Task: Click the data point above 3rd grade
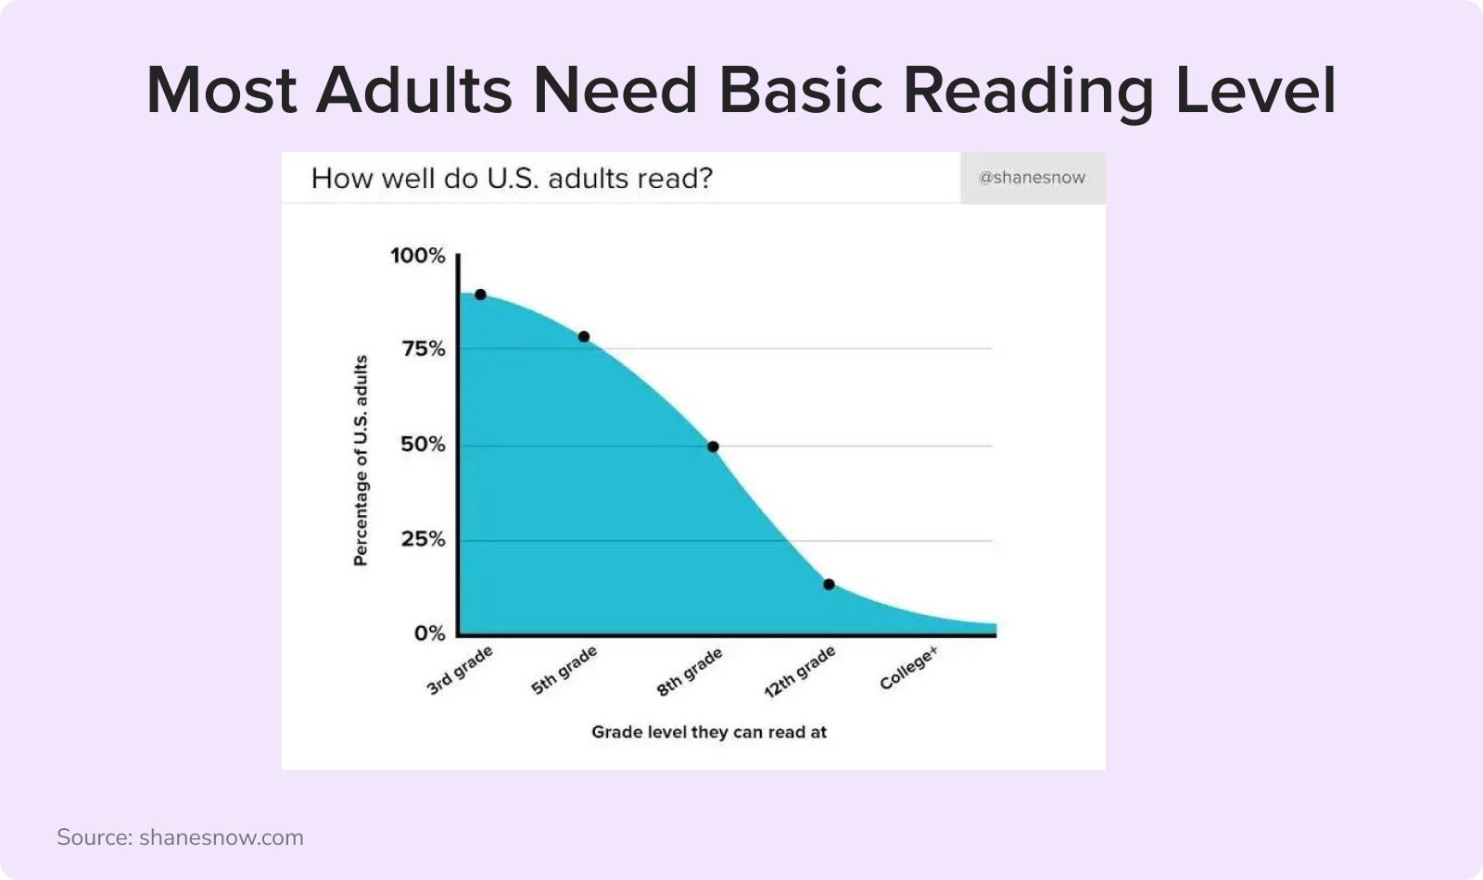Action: point(481,295)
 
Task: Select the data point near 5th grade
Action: point(584,337)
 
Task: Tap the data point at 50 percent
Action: point(713,446)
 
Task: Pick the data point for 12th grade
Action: point(829,585)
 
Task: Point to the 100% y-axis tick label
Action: point(418,256)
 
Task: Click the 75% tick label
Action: point(424,348)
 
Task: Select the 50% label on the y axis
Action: point(423,444)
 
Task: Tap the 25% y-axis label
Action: point(423,539)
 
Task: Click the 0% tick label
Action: point(430,634)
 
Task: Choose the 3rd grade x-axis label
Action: point(460,671)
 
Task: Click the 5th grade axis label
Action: point(564,671)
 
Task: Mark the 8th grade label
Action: point(690,672)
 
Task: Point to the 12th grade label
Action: point(800,673)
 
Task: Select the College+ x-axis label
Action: point(909,668)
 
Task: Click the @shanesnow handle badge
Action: point(1033,177)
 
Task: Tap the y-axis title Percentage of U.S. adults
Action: point(361,460)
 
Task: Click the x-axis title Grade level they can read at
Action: point(709,732)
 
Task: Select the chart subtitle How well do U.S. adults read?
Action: point(512,178)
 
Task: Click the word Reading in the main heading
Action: point(1028,91)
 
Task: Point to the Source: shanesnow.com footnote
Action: point(180,837)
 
